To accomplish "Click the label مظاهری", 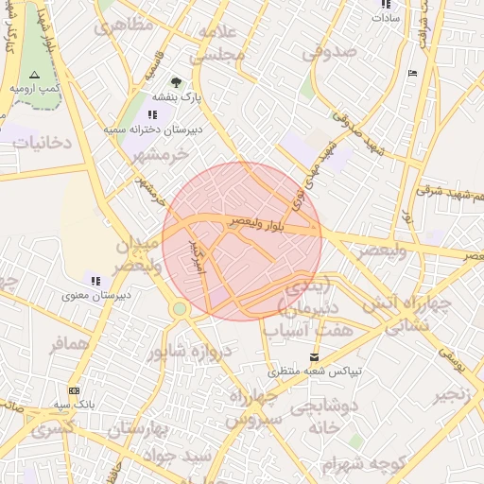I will point(122,26).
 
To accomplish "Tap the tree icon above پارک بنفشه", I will point(175,82).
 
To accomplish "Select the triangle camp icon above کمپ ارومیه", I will point(35,74).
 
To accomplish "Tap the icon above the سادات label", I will point(386,5).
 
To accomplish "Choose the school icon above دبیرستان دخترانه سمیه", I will point(153,114).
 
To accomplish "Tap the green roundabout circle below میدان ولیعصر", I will point(180,308).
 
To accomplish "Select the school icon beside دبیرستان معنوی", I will point(95,279).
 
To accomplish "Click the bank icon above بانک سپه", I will point(74,390).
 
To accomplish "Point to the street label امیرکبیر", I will point(197,256).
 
